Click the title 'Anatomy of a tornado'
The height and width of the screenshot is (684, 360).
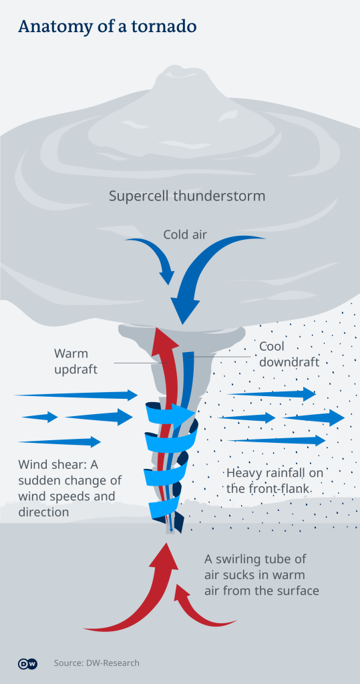(107, 27)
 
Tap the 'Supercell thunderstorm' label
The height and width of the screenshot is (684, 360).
(187, 196)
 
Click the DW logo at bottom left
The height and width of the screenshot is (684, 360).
(27, 663)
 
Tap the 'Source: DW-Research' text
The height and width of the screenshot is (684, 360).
(97, 663)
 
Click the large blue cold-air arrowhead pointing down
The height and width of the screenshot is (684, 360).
(186, 309)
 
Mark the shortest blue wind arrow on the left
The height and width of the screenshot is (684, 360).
(40, 417)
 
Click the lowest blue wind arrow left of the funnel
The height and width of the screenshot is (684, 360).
(60, 442)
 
